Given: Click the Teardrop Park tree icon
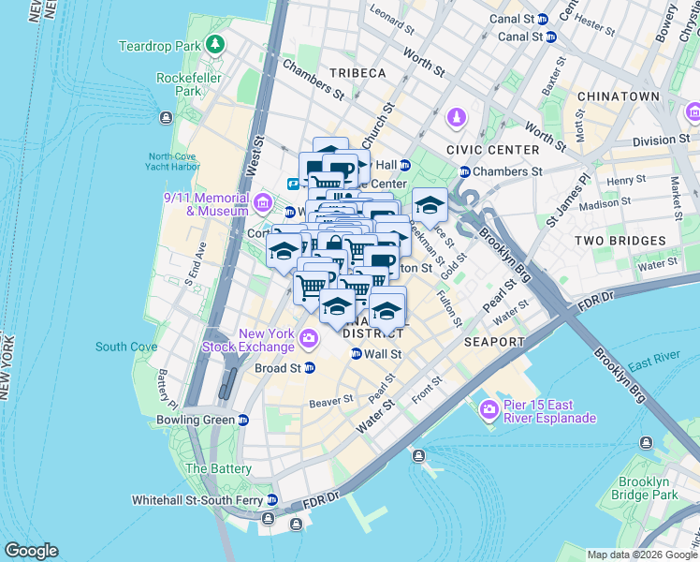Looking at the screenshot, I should tap(216, 45).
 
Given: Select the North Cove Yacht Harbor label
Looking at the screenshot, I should tap(173, 161).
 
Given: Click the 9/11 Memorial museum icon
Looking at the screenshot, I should tap(262, 202).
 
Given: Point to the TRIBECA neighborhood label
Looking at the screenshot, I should tap(357, 73).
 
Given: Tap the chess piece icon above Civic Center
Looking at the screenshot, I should tap(457, 119).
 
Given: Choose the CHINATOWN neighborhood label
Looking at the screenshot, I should tap(619, 96).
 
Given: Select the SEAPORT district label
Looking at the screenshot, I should tap(493, 342).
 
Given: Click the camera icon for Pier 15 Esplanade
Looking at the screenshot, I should tap(488, 410).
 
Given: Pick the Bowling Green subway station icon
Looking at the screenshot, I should tap(243, 420).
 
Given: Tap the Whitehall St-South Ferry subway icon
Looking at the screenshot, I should tap(272, 499).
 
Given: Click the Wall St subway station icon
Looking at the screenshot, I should tap(357, 354).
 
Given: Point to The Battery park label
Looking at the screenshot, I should tap(218, 468).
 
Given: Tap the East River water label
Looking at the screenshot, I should tap(653, 365).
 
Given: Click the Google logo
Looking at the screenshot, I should tap(31, 551).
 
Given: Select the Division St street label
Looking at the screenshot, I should tap(660, 140).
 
